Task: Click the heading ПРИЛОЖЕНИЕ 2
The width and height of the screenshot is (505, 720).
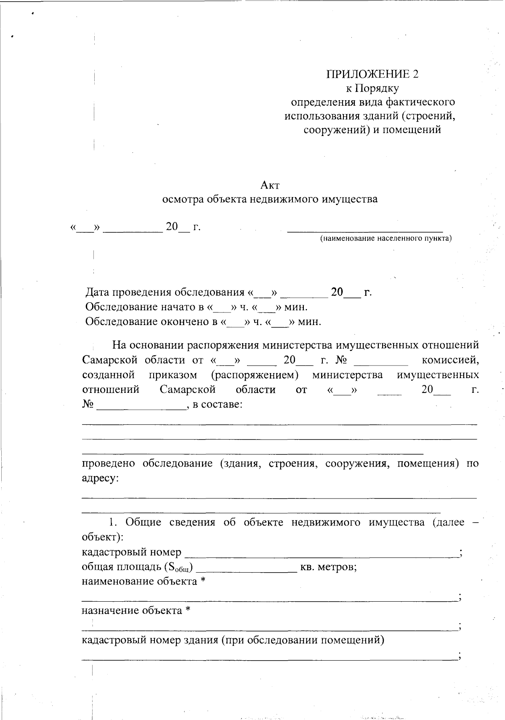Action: point(372,74)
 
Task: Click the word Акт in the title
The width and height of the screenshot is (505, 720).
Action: point(270,185)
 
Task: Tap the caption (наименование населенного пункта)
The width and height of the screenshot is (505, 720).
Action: point(385,239)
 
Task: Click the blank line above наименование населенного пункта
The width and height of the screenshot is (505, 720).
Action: point(365,230)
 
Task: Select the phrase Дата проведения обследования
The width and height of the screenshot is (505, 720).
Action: point(165,292)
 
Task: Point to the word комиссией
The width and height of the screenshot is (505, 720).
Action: point(450,360)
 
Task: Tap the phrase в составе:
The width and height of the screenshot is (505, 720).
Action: point(217,405)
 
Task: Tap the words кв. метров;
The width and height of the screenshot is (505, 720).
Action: point(328,567)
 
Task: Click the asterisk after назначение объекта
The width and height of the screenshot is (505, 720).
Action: point(188,611)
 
